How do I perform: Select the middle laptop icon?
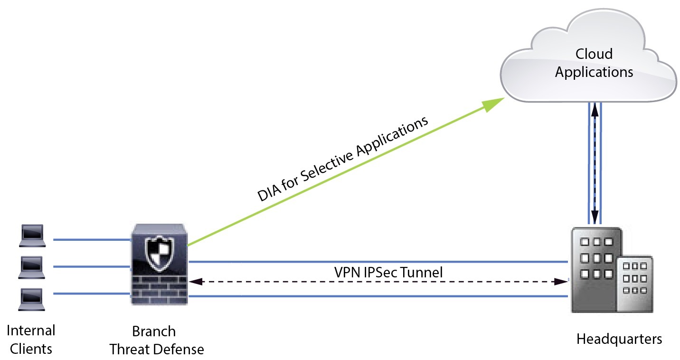point(33,267)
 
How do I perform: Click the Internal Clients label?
point(32,340)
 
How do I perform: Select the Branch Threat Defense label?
point(157,340)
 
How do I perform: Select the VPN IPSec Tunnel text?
point(388,272)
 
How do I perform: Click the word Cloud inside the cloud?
point(594,54)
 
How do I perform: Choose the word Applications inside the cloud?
point(594,72)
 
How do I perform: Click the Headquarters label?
point(619,339)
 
